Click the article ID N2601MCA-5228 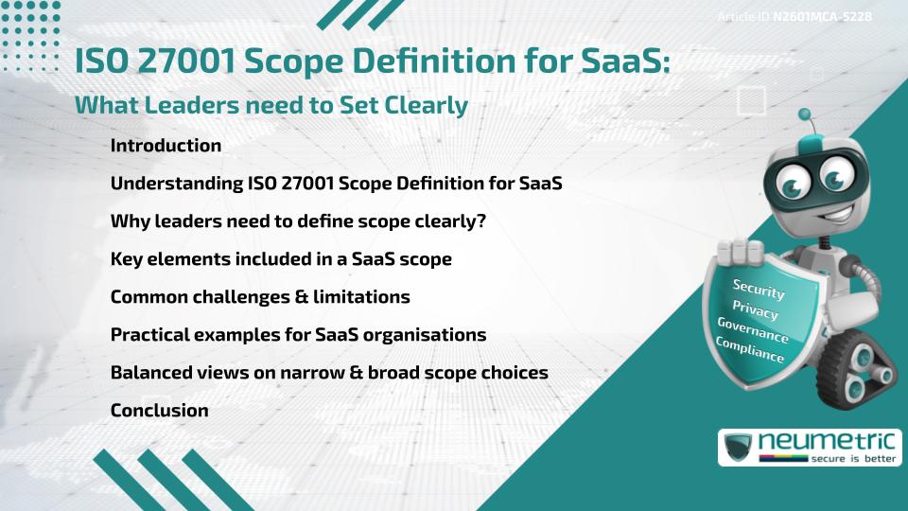820,17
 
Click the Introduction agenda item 166,146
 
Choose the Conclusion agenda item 159,411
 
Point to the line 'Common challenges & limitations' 260,297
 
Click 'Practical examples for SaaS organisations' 298,335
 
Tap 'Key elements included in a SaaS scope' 281,259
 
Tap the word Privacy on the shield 755,310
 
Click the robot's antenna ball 805,115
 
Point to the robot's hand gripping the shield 741,253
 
